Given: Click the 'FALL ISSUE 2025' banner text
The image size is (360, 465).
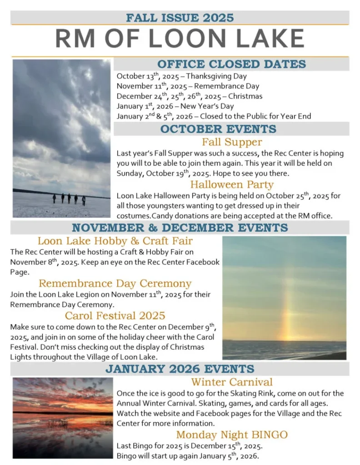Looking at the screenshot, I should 180,18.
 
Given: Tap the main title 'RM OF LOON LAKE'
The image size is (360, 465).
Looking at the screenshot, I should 180,39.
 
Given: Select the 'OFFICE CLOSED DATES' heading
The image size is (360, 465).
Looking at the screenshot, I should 231,64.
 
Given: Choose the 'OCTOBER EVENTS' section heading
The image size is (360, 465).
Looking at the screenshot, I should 218,129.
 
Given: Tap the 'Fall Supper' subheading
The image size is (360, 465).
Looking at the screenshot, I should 232,142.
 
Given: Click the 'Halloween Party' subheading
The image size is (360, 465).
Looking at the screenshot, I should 232,184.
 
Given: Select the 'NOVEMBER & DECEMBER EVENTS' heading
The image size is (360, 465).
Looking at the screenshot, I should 180,228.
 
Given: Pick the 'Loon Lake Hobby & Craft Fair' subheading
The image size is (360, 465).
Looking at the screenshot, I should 115,241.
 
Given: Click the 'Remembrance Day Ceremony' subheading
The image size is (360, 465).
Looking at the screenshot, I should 115,283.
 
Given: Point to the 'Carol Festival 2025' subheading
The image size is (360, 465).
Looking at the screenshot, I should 115,315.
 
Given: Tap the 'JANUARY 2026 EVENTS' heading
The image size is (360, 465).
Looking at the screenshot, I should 180,368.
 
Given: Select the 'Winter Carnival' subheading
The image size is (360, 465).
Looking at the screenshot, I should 232,382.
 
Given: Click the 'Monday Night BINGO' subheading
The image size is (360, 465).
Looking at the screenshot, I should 232,435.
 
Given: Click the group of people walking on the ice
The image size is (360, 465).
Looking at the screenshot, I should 69,198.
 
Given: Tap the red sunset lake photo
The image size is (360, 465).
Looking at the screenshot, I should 63,417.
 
